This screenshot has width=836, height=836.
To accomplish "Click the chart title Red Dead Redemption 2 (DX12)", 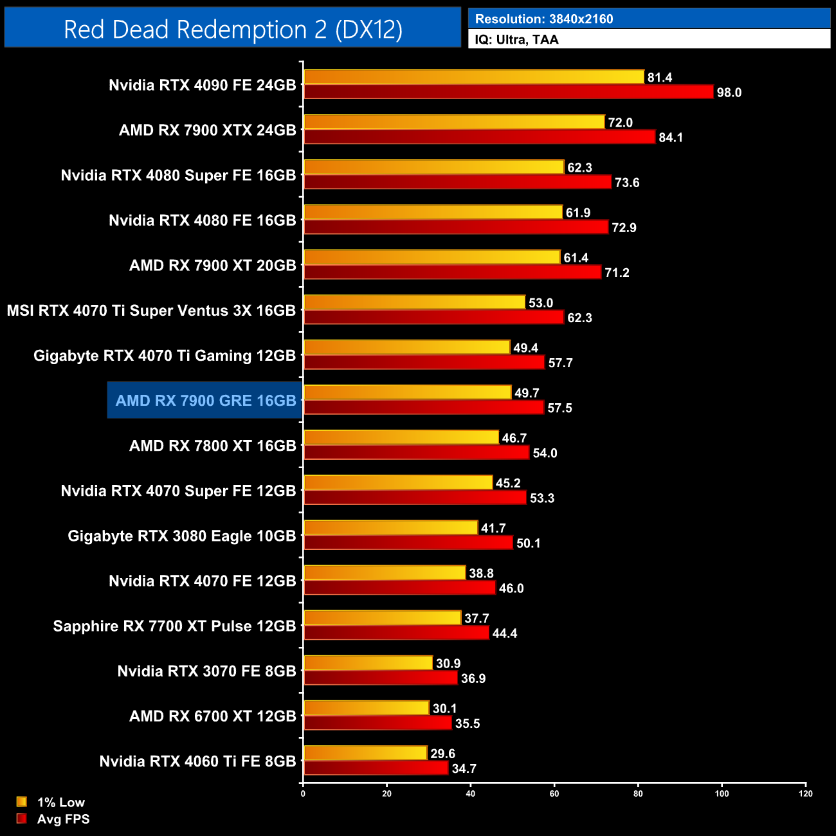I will point(233,30).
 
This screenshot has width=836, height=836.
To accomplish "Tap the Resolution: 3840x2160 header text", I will point(544,19).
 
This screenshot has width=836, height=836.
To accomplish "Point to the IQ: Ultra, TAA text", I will point(516,40).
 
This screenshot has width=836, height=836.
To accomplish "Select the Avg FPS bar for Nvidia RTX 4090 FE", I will point(508,92).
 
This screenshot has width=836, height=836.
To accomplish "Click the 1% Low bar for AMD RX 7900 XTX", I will point(454,122).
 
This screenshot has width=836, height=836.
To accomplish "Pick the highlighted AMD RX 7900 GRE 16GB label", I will point(206,401).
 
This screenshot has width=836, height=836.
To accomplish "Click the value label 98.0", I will point(729,93).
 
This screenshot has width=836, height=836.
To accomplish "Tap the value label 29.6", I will point(442,754).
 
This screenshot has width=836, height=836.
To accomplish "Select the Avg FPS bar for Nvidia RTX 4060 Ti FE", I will point(376,768).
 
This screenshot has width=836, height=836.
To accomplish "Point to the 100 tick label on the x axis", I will point(722,794).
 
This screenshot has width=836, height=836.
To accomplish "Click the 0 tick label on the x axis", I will point(303,794).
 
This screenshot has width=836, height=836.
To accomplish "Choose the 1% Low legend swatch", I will point(22,802).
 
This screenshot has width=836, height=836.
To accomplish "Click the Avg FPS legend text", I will point(63,819).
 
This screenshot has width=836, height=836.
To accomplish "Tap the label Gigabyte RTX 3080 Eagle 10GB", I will point(182,536).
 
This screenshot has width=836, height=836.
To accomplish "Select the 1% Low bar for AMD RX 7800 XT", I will point(401,438).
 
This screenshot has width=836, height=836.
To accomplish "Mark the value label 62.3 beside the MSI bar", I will point(579,318).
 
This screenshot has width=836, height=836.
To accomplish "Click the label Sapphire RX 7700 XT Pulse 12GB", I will point(174,626).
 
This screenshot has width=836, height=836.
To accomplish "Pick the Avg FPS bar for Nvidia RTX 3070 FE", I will point(380,678).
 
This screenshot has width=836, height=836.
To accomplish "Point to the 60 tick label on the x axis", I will point(554,794).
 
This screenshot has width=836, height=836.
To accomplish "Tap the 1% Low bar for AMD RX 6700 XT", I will point(366,709).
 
